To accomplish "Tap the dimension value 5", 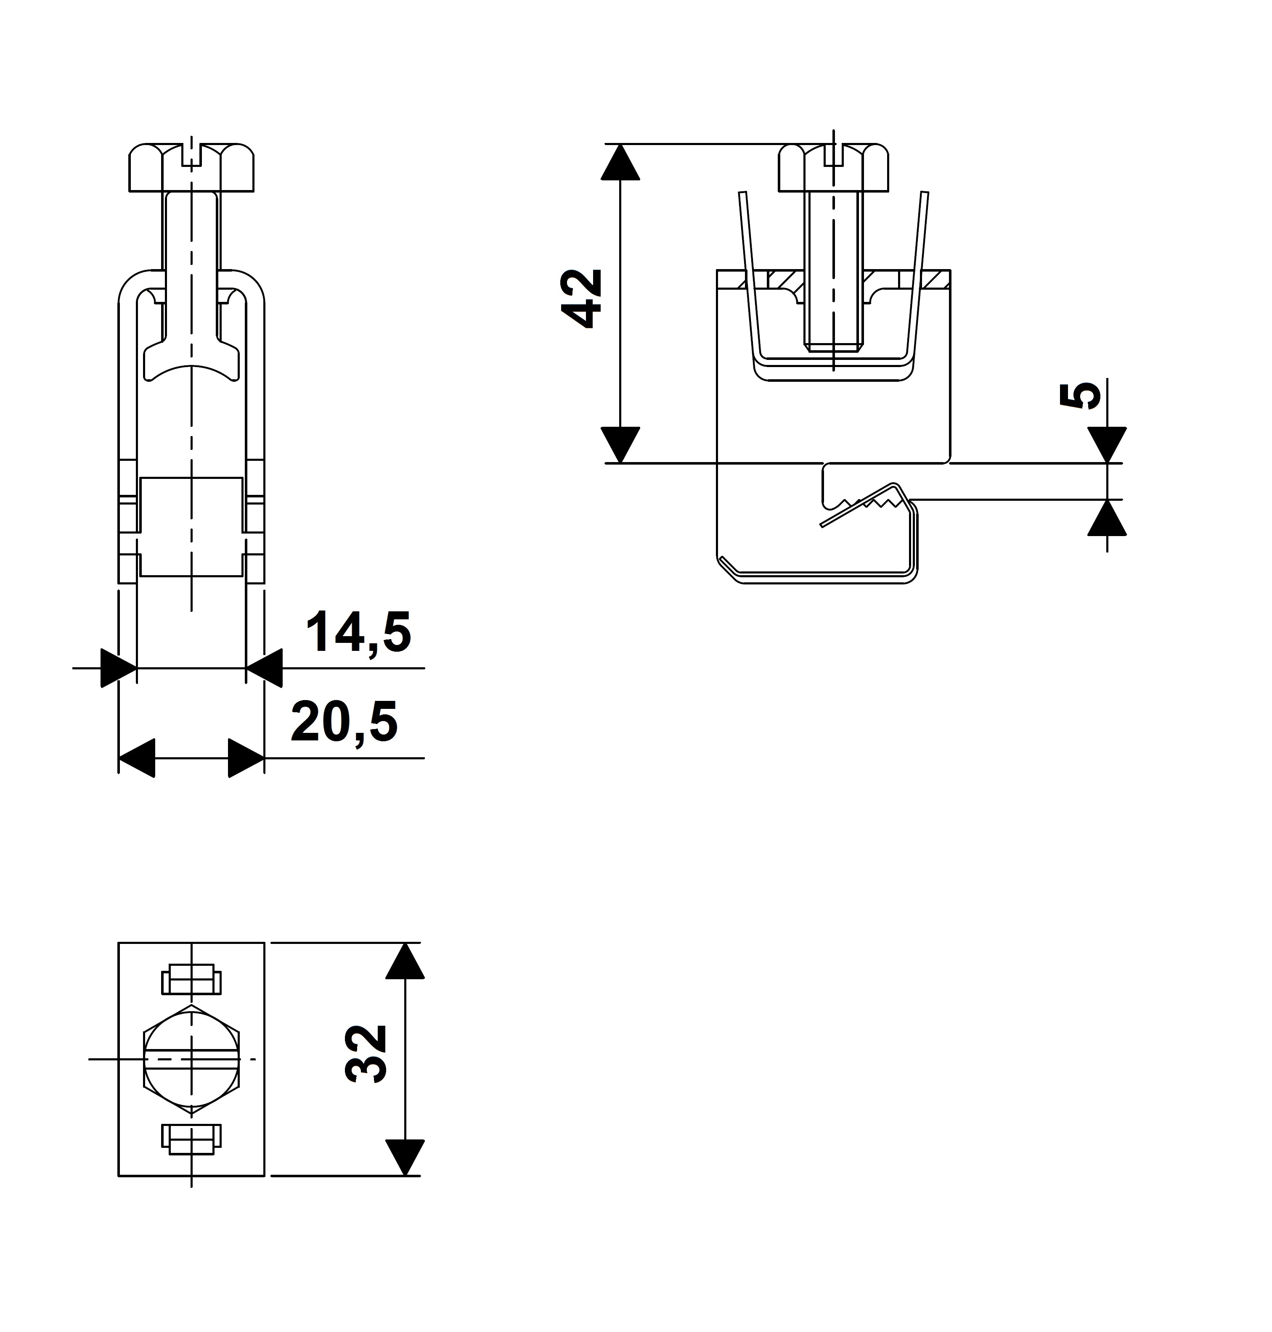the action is point(1080,394).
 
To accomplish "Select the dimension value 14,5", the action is point(359,632).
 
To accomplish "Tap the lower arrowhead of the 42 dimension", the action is point(620,445).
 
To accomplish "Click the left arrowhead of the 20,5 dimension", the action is point(137,758).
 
